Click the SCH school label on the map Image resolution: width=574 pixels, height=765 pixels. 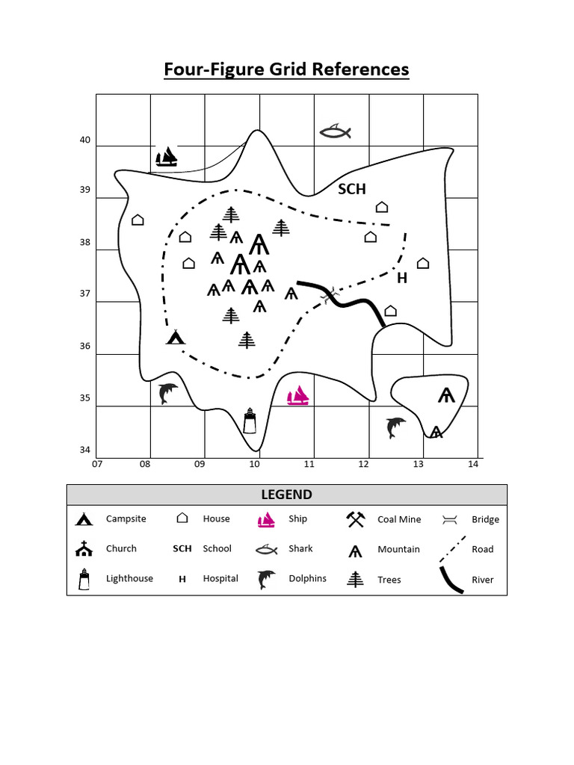click(352, 189)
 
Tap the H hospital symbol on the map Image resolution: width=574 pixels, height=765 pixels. click(402, 279)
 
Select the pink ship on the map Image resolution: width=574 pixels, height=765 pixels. click(298, 395)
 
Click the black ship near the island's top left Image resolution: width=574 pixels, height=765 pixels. click(167, 157)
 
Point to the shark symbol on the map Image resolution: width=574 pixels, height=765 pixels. click(335, 132)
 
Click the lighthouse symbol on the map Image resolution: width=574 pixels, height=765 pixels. click(250, 421)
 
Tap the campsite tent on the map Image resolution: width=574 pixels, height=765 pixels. click(176, 337)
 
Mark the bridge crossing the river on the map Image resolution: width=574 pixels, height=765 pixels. click(328, 296)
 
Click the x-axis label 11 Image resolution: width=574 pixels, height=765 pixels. click(309, 464)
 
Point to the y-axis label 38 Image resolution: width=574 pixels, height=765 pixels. click(84, 242)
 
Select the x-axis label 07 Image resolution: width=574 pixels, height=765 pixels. click(96, 464)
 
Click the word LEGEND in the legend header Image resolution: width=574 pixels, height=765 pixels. click(286, 495)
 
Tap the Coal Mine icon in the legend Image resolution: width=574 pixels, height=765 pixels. click(355, 519)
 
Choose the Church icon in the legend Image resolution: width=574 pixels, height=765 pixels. click(84, 549)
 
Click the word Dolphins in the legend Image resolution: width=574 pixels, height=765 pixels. click(307, 578)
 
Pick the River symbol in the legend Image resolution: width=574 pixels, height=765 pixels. click(451, 579)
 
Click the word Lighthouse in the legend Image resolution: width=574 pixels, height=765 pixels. click(129, 578)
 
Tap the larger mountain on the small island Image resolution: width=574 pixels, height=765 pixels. click(447, 395)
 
